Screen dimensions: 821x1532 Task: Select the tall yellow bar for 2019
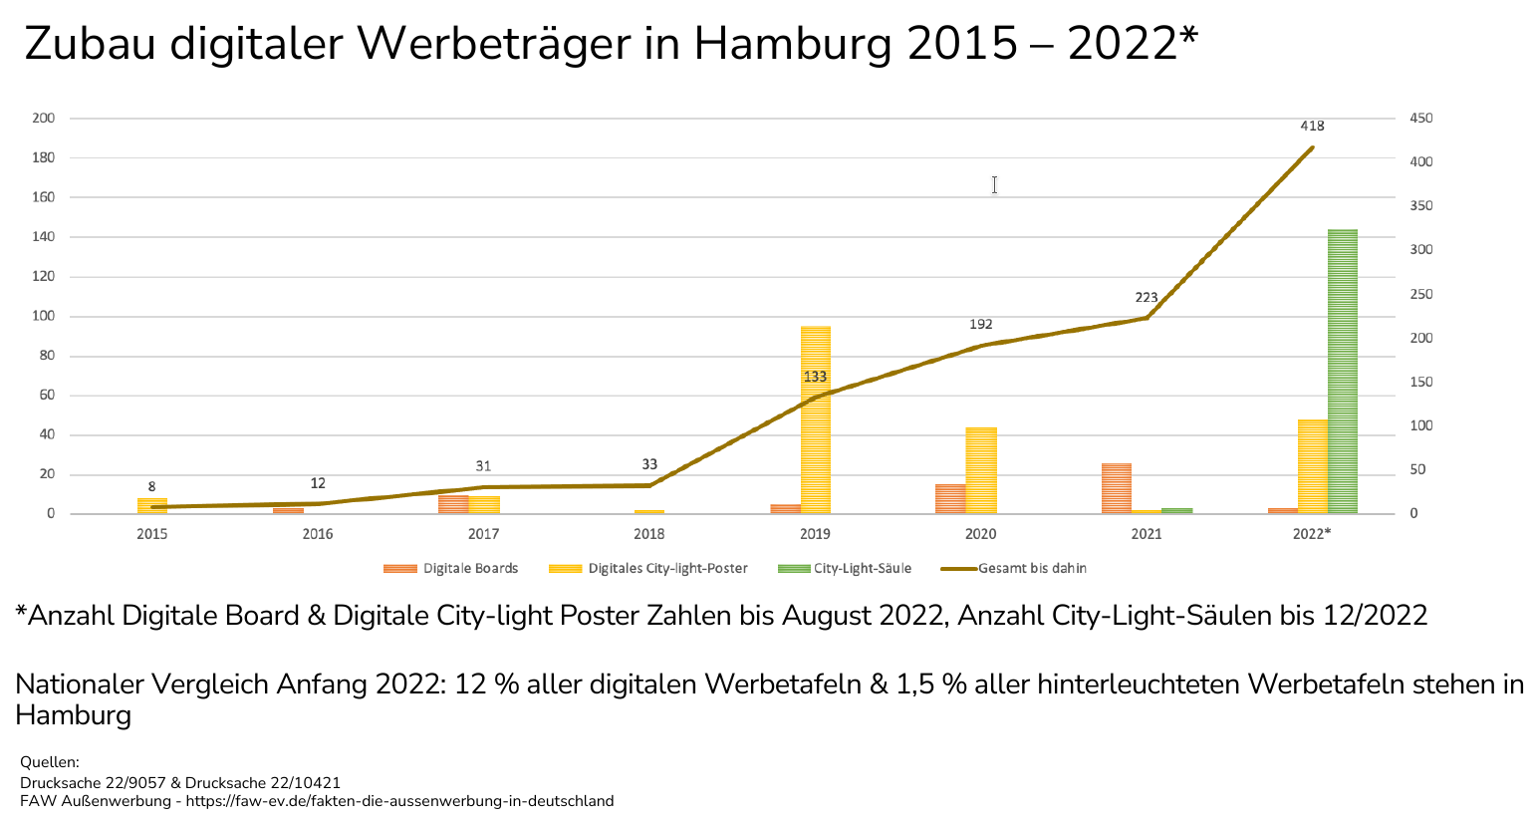tap(815, 419)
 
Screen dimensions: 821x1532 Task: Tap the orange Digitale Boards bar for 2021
tap(1116, 488)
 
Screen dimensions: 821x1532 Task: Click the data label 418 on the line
tap(1312, 127)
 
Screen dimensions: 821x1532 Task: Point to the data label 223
tap(1146, 298)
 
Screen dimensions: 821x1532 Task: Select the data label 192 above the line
tap(980, 325)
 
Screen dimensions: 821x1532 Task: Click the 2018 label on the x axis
tap(648, 534)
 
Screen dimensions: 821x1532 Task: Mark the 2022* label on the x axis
tap(1311, 534)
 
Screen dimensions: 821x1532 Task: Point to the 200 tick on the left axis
tap(44, 119)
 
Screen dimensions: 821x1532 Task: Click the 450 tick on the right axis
tap(1420, 119)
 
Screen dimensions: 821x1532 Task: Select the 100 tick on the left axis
tap(44, 317)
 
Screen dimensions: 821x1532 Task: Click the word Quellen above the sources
tap(49, 763)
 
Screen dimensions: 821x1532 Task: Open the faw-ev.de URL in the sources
tap(399, 801)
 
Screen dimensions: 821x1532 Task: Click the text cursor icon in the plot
tap(994, 184)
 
